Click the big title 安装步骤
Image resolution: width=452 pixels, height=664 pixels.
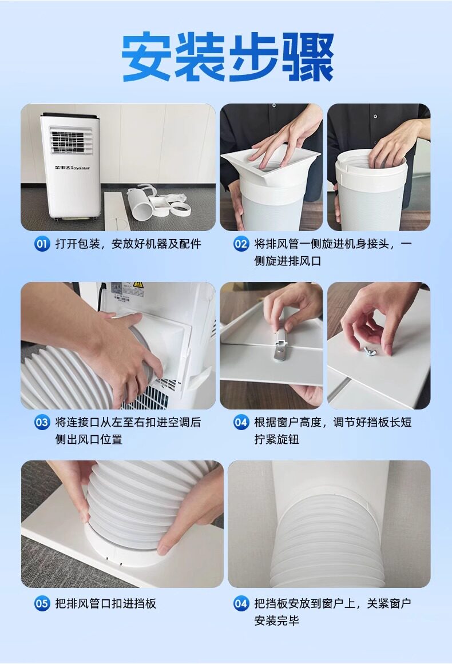click(x=228, y=57)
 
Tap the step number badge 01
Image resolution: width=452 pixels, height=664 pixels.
click(x=42, y=244)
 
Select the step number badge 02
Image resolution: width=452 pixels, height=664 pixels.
click(x=241, y=244)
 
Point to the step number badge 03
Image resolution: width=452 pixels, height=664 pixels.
click(x=42, y=422)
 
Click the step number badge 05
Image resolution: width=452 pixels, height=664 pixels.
click(x=42, y=603)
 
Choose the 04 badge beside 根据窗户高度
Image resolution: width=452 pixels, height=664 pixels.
click(x=241, y=422)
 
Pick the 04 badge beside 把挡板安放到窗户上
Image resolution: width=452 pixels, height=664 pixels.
click(x=241, y=603)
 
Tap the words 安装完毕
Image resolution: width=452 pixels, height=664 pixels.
click(x=276, y=621)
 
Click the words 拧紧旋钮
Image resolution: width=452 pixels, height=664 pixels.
click(x=276, y=440)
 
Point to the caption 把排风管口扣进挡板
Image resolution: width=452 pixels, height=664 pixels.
click(x=105, y=603)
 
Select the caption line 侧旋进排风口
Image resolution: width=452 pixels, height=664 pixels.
click(x=288, y=261)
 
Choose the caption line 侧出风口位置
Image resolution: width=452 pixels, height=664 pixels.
click(x=89, y=440)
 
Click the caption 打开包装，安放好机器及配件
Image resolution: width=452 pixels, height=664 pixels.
click(x=128, y=244)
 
